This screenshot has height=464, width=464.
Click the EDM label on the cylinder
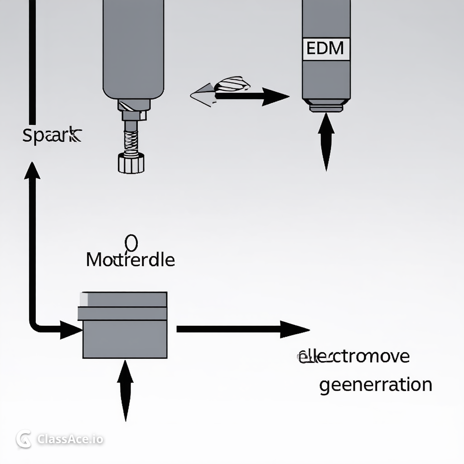pyautogui.click(x=325, y=48)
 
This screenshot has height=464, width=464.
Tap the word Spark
pyautogui.click(x=52, y=135)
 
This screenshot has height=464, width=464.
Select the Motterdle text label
pyautogui.click(x=130, y=260)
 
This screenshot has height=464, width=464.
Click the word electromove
pyautogui.click(x=354, y=356)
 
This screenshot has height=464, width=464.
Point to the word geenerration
pyautogui.click(x=375, y=385)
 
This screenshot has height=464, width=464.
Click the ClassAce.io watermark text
pyautogui.click(x=70, y=439)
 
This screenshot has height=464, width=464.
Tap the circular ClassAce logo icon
pyautogui.click(x=24, y=439)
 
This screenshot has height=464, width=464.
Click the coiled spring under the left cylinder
pyautogui.click(x=131, y=141)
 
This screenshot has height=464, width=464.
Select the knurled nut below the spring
pyautogui.click(x=131, y=163)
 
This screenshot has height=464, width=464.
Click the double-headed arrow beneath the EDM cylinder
pyautogui.click(x=326, y=142)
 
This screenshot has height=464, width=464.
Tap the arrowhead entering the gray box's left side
pyautogui.click(x=71, y=330)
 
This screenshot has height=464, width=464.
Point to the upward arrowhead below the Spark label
pyautogui.click(x=32, y=170)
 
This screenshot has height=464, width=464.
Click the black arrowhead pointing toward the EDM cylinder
pyautogui.click(x=275, y=97)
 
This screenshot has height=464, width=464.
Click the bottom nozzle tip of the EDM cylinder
pyautogui.click(x=326, y=108)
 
